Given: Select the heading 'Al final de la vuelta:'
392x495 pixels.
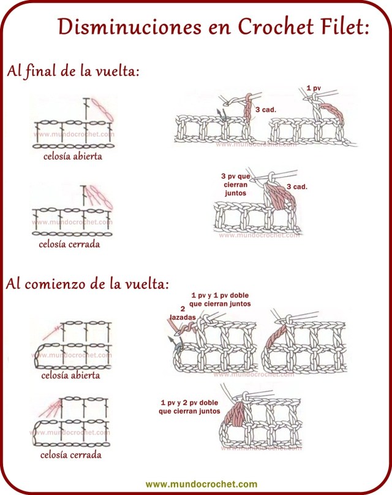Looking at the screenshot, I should [73, 71].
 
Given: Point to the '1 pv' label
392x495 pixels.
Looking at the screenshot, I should [314, 89].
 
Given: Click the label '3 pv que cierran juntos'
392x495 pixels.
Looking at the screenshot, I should [236, 184].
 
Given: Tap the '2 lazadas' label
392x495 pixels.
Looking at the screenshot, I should [182, 313].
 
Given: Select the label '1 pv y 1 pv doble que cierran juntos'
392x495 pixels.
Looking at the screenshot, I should [221, 299].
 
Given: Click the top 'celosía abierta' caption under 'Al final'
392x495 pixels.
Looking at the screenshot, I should [72, 156].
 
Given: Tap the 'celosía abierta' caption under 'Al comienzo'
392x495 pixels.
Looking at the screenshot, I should [70, 375].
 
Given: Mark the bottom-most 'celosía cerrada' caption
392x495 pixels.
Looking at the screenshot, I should [70, 455].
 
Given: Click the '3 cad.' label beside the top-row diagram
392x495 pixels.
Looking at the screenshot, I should [265, 110].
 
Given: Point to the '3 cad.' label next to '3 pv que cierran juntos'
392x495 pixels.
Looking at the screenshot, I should [297, 186].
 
